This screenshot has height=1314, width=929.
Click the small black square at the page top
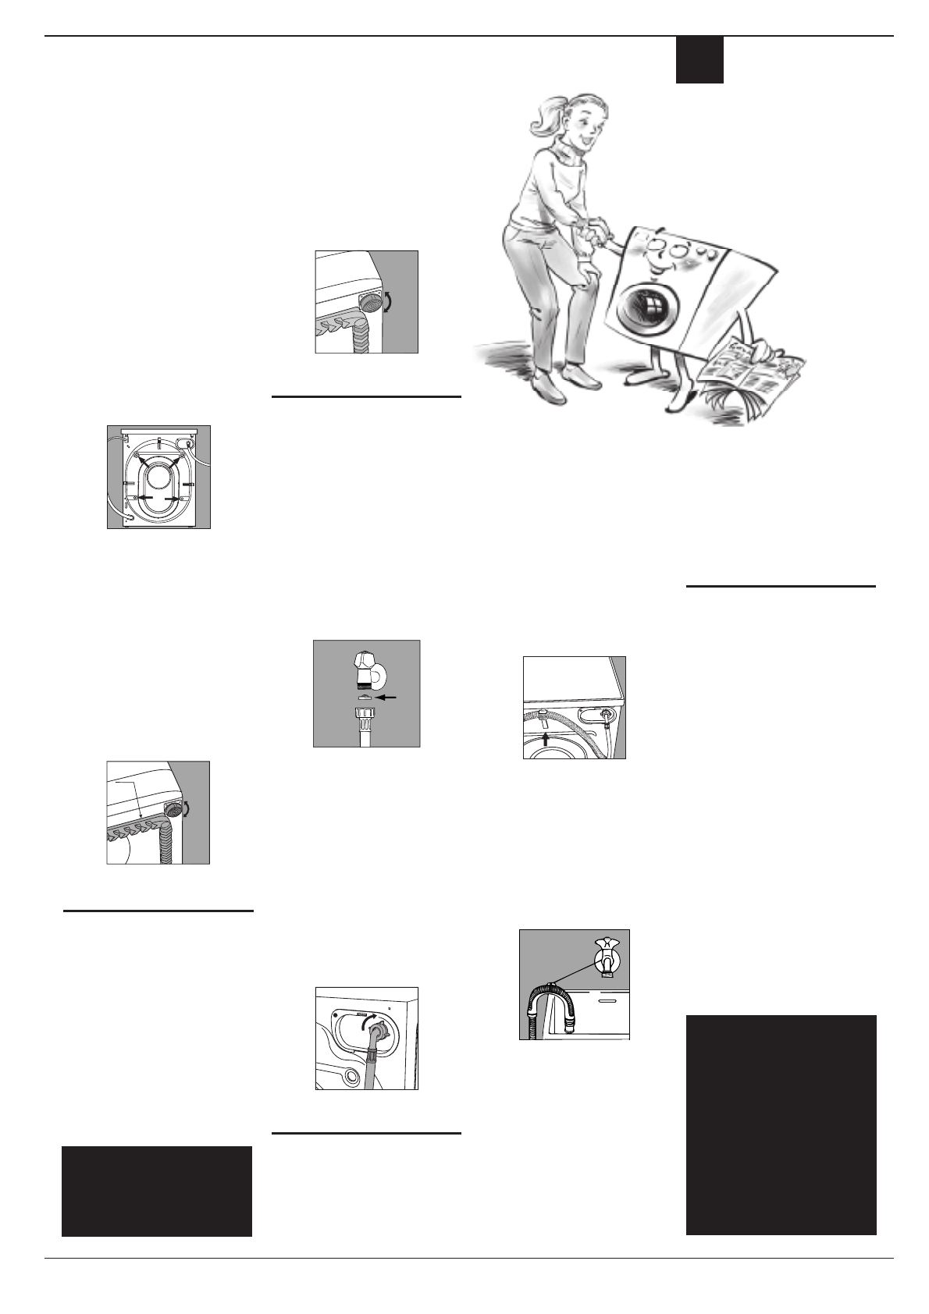699,59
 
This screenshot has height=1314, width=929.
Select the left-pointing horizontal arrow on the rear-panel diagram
145,498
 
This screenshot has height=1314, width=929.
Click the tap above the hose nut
364,670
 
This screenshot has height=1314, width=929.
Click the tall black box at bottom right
781,1124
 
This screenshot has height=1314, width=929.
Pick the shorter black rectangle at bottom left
156,1191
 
